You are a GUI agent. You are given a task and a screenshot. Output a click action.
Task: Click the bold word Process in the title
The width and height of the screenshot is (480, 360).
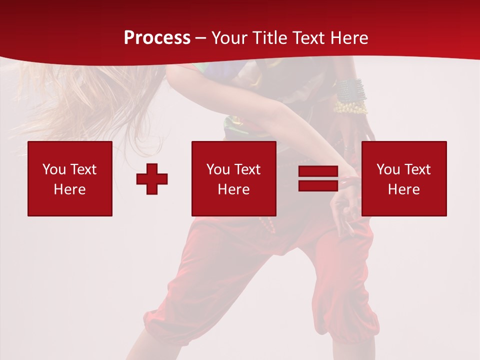coord(157,38)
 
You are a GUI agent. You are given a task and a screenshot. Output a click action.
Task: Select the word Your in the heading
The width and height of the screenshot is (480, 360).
coord(229,38)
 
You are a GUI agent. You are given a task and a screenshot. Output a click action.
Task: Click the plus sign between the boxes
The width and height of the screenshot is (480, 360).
coord(152,179)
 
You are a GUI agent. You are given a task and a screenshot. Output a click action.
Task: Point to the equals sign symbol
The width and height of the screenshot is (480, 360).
coord(318,178)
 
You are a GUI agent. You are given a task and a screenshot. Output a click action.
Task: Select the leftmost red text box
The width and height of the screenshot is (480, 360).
coord(70,178)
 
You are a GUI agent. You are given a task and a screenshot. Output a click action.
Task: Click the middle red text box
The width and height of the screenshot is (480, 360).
coord(233,178)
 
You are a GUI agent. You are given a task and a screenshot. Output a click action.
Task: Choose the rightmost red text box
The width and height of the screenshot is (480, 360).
coord(404,178)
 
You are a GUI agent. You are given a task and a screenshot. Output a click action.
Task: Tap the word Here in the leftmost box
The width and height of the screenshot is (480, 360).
coord(69,189)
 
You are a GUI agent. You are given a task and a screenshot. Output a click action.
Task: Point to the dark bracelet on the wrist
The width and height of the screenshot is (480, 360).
coord(350,89)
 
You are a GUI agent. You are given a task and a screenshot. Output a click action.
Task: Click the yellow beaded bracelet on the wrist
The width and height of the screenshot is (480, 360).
coord(350,107)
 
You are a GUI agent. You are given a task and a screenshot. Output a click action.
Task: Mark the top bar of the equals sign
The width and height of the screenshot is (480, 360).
coord(318,171)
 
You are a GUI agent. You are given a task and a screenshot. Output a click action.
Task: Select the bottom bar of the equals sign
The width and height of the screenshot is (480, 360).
coord(318,185)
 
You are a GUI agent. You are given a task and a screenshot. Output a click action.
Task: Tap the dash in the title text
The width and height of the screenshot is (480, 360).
coord(201,38)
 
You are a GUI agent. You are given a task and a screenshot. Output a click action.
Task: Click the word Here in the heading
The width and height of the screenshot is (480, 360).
coord(350,38)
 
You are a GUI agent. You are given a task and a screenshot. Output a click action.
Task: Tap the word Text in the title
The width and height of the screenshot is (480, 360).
coord(309,38)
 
